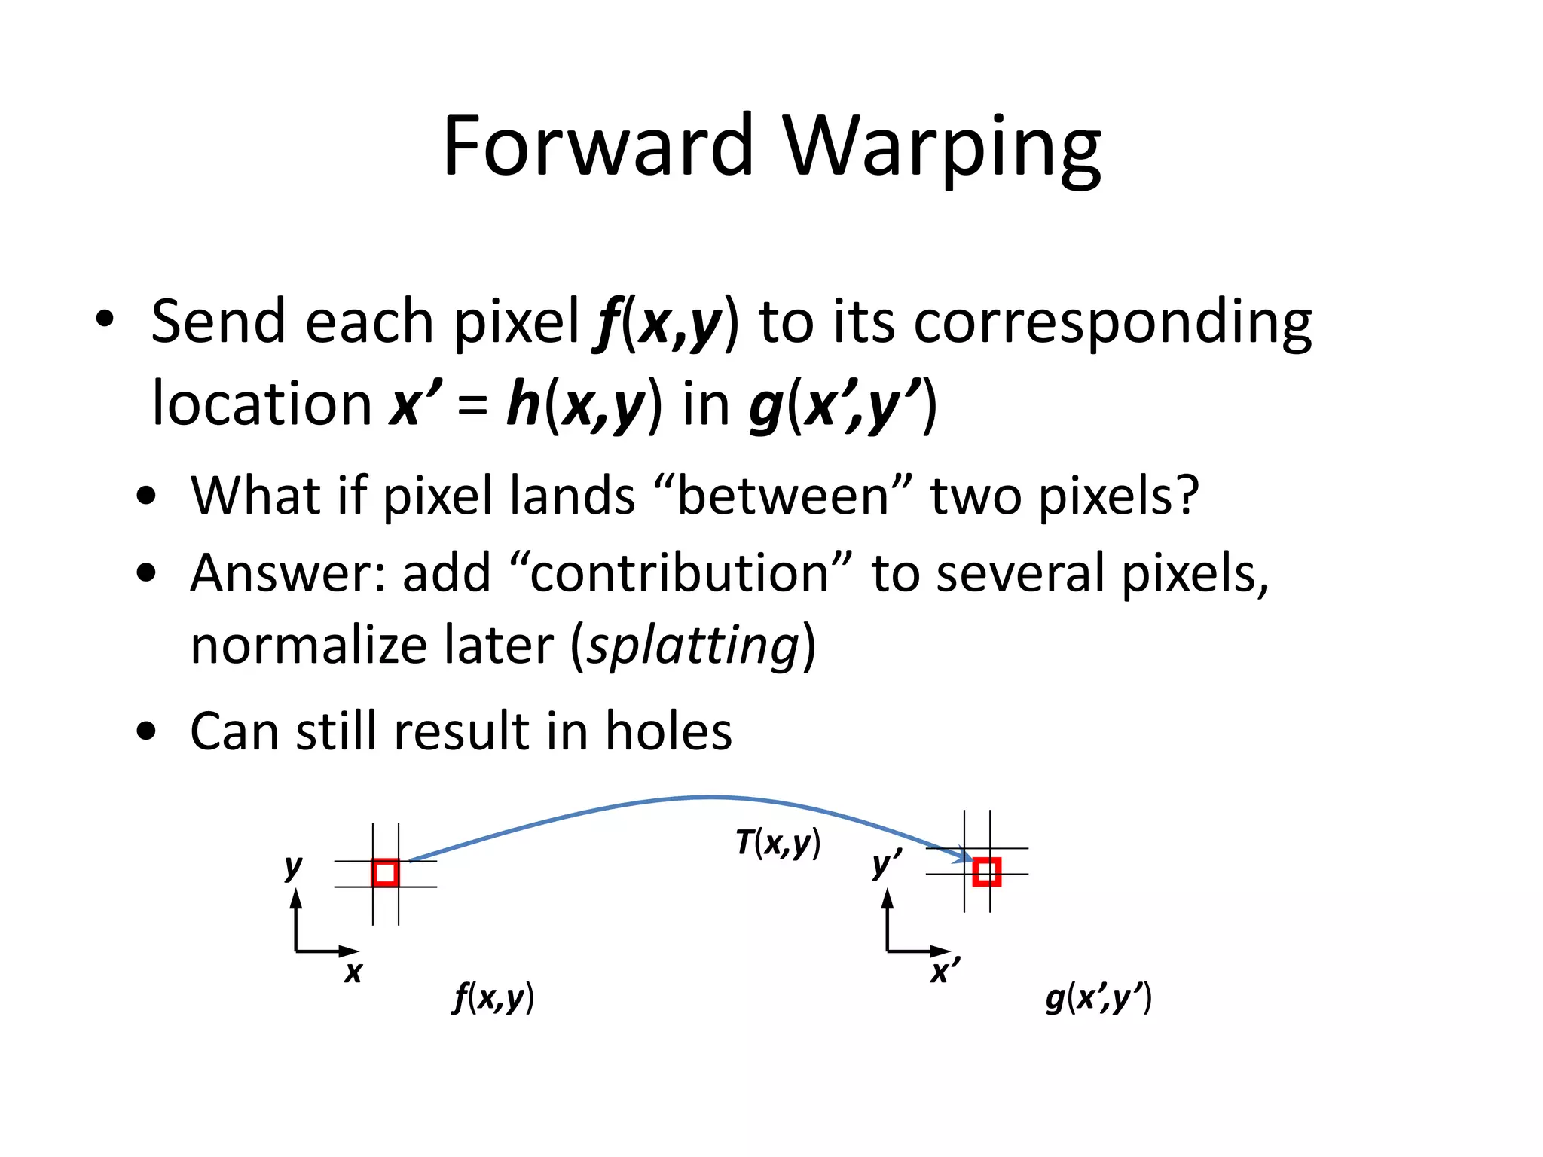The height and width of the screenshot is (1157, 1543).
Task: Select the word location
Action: pos(261,404)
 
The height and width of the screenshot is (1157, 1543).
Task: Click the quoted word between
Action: pos(784,496)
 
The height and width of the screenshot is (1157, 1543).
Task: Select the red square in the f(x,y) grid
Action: pos(385,873)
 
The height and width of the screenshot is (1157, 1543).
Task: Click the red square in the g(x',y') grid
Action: pos(986,872)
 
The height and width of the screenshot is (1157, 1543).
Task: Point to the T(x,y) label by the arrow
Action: pos(778,843)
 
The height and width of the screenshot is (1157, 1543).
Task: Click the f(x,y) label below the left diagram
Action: pos(493,998)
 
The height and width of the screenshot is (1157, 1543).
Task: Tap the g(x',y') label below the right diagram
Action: pos(1098,998)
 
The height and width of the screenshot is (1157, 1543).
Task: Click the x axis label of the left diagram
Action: pos(353,972)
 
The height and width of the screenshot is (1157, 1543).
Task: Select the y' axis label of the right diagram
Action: pos(886,864)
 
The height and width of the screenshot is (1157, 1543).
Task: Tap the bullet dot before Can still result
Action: pos(146,731)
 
